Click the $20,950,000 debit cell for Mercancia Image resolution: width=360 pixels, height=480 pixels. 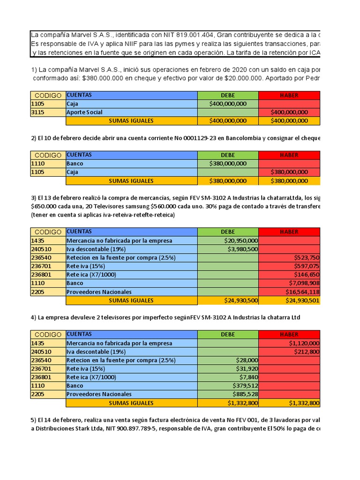pyautogui.click(x=241, y=240)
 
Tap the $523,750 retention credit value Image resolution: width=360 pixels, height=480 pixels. pyautogui.click(x=307, y=257)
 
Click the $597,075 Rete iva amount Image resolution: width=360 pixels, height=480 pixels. pyautogui.click(x=307, y=266)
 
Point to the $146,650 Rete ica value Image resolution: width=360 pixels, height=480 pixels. pyautogui.click(x=307, y=274)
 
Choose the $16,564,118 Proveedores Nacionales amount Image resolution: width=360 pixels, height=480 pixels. pyautogui.click(x=302, y=292)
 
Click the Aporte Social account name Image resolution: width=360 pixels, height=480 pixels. pyautogui.click(x=84, y=112)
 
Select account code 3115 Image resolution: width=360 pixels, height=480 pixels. pyautogui.click(x=37, y=112)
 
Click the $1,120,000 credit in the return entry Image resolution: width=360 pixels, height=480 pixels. pyautogui.click(x=304, y=343)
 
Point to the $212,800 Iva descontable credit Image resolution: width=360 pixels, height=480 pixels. pyautogui.click(x=307, y=352)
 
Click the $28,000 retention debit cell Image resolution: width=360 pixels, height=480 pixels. pyautogui.click(x=247, y=360)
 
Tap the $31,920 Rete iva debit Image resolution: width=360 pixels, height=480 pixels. pyautogui.click(x=247, y=368)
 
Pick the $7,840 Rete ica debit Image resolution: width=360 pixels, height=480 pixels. pyautogui.click(x=249, y=377)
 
